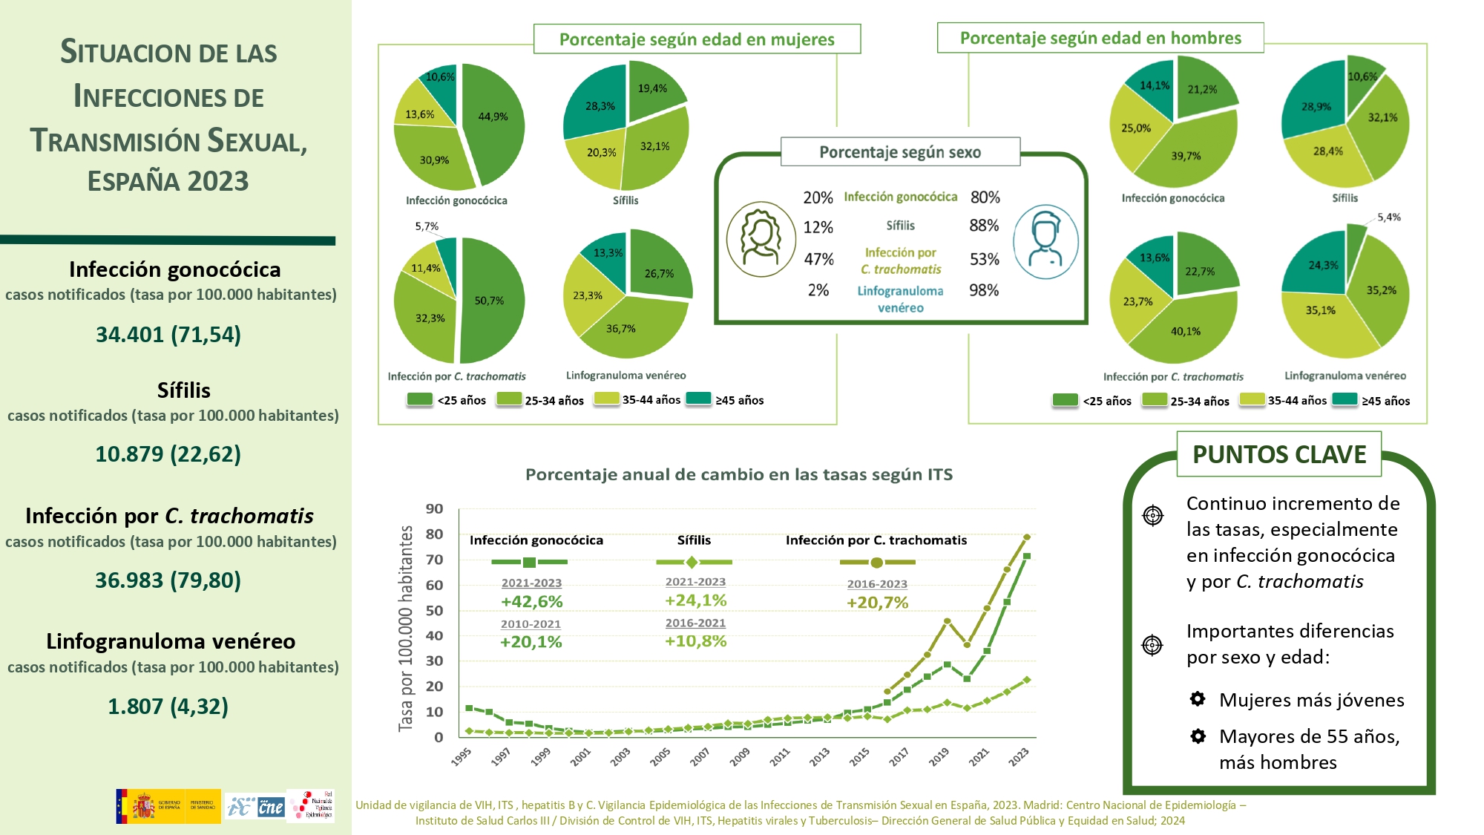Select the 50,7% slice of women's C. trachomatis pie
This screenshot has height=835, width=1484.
coord(491,301)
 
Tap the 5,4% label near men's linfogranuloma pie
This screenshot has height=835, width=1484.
coord(1388,217)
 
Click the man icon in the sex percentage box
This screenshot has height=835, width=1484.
coord(1045,241)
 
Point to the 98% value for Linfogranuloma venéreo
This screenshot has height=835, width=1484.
coord(984,290)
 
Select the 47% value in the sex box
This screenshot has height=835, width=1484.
coord(818,259)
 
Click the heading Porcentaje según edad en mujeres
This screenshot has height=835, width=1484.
coord(697,39)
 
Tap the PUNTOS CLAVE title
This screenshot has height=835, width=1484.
coord(1278,454)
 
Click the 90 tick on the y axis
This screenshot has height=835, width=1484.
coord(434,509)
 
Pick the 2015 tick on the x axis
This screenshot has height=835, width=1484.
coord(859,756)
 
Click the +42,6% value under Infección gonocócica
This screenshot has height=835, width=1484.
coord(531,601)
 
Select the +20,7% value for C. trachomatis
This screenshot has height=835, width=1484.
coord(877,603)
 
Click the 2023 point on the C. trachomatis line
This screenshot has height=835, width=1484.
coord(1027,537)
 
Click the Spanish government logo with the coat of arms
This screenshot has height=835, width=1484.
coord(168,806)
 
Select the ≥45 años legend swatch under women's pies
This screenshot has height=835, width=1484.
coord(698,399)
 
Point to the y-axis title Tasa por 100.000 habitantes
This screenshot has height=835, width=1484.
coord(406,628)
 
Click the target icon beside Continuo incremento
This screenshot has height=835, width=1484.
coord(1152,515)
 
